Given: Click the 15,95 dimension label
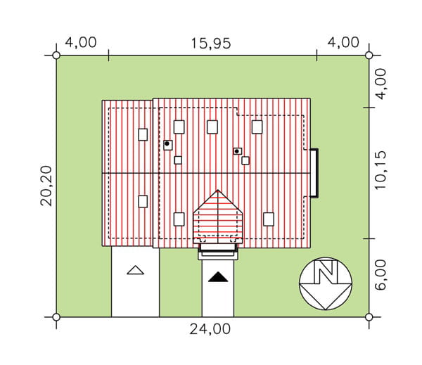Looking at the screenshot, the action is tap(211, 44).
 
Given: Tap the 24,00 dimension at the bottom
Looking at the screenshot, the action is tap(210, 329).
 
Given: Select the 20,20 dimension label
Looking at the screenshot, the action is tap(46, 186).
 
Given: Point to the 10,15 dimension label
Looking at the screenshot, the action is tap(380, 170).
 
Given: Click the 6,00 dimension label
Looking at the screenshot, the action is tap(380, 275).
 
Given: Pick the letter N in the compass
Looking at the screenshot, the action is tap(326, 271).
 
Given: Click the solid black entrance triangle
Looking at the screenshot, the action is tap(218, 277).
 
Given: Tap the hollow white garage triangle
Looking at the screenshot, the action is tap(135, 270).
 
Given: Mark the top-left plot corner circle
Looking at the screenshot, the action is tap(56, 56).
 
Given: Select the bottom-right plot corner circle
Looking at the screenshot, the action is tap(369, 317).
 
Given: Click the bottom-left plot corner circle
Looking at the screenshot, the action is tap(56, 317).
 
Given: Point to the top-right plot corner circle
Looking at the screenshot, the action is tap(369, 56).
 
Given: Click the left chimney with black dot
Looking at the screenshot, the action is tap(168, 145).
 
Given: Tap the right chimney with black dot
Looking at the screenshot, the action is tap(238, 151).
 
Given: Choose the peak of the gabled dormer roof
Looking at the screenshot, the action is tap(218, 190).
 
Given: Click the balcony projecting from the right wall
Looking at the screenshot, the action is tap(314, 173).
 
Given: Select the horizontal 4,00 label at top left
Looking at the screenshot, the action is tap(81, 42).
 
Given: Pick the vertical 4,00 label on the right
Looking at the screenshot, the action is tap(380, 84).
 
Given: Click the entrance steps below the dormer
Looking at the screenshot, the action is tap(218, 252).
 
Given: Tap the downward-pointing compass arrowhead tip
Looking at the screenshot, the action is tap(326, 309).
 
